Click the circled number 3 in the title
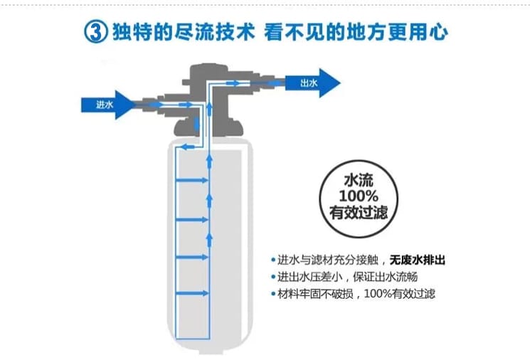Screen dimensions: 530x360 [95, 32]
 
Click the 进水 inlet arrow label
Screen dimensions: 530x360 [105, 105]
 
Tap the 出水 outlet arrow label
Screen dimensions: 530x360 [309, 83]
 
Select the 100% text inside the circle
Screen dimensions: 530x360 [359, 196]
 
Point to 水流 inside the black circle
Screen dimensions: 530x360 [359, 181]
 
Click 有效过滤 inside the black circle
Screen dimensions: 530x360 [359, 213]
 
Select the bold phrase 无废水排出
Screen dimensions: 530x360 [418, 260]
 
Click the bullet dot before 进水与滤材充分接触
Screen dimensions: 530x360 [273, 260]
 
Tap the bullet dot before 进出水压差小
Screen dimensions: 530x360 [273, 277]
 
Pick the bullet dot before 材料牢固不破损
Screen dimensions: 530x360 [273, 294]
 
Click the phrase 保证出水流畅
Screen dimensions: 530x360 [386, 277]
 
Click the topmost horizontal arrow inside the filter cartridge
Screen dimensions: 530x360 [191, 180]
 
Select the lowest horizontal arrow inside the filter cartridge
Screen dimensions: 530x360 [191, 293]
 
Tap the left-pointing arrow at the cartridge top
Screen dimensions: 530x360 [188, 147]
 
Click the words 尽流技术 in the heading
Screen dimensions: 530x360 [215, 32]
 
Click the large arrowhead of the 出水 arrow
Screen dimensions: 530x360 [329, 83]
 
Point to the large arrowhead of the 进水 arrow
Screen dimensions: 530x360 [125, 105]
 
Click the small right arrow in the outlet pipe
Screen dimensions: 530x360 [233, 83]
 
